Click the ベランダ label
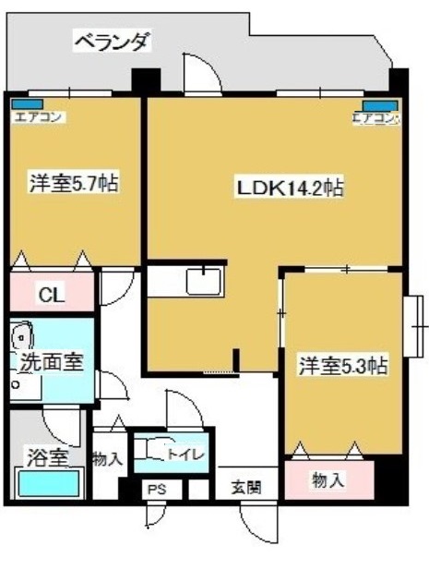[111, 41]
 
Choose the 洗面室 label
[52, 361]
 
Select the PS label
[156, 490]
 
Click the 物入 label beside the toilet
[107, 458]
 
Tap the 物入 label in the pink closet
[328, 479]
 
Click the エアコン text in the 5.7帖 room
[37, 117]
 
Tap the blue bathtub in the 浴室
[49, 483]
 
